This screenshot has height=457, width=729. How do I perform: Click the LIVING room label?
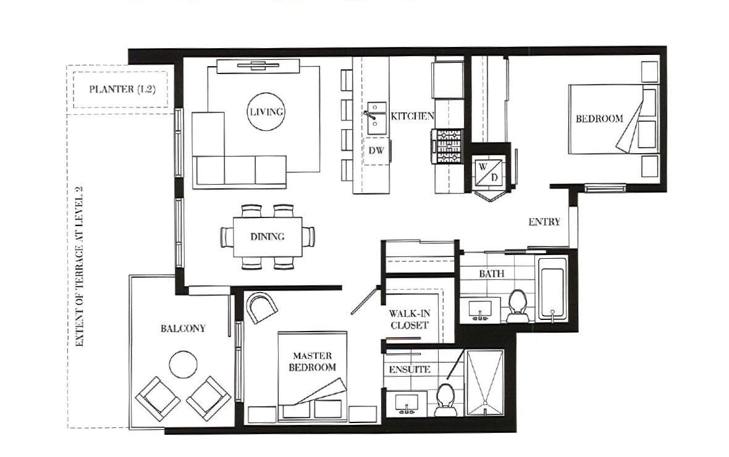(x=266, y=112)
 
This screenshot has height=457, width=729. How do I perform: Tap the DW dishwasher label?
(x=376, y=151)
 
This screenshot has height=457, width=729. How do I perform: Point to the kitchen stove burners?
(x=448, y=146)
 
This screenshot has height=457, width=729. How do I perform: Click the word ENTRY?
(x=544, y=222)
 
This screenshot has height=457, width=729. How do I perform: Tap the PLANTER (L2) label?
(x=122, y=89)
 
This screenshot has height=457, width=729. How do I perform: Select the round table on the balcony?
(x=183, y=364)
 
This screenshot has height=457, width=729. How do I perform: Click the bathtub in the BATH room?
(x=552, y=288)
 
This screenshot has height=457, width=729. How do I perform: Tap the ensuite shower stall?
(x=485, y=383)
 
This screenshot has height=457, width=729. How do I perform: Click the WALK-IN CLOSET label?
(x=409, y=319)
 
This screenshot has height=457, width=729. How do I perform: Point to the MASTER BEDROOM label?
(x=313, y=362)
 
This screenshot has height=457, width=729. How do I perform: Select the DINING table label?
(x=268, y=237)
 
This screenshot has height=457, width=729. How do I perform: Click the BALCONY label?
(x=183, y=329)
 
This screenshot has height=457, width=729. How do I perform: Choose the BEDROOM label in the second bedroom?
(x=599, y=119)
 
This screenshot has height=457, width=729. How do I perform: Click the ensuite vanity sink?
(x=407, y=403)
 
